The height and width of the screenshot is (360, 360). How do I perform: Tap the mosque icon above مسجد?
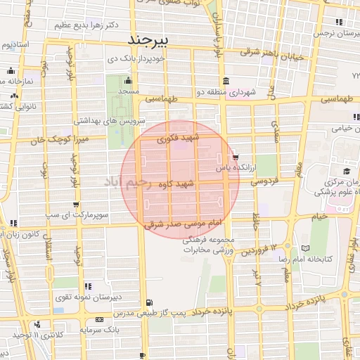click(x=127, y=81)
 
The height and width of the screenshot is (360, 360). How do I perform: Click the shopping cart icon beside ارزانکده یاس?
click(x=236, y=157)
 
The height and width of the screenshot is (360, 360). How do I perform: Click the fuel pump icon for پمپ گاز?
click(x=146, y=304)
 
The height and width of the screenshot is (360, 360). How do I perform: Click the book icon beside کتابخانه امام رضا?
click(x=304, y=248)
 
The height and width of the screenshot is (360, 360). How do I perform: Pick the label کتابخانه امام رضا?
click(x=335, y=259)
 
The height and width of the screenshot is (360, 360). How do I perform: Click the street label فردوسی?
click(x=264, y=181)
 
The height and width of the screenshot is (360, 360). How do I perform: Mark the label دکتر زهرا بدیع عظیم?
click(x=72, y=23)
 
